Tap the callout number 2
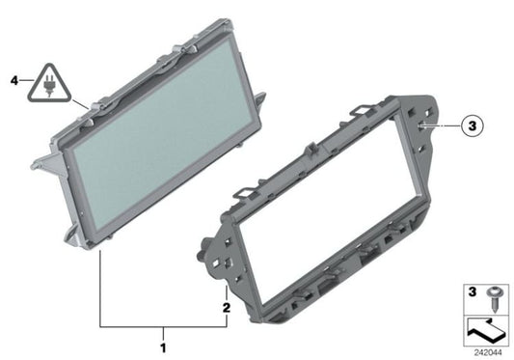coord(226,308)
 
